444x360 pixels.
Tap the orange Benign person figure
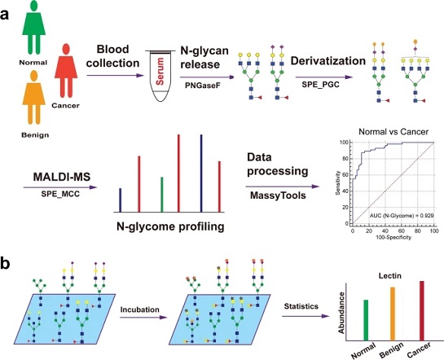[34, 98]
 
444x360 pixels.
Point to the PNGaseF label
[203, 86]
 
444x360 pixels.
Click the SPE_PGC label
[320, 84]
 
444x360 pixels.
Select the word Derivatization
[328, 61]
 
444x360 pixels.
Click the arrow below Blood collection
[116, 75]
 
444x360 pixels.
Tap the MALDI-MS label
[62, 177]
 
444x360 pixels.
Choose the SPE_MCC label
[60, 194]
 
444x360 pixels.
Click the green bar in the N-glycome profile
[161, 195]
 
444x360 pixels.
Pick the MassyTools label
[278, 195]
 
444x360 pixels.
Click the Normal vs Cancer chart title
[393, 132]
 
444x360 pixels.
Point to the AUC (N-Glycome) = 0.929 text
[402, 216]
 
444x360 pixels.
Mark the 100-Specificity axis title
[393, 238]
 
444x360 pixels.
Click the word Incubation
[139, 310]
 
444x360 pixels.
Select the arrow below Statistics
[306, 316]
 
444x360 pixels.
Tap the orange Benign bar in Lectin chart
[393, 314]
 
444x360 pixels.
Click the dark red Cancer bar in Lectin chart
[422, 311]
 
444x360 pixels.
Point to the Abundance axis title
[341, 313]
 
